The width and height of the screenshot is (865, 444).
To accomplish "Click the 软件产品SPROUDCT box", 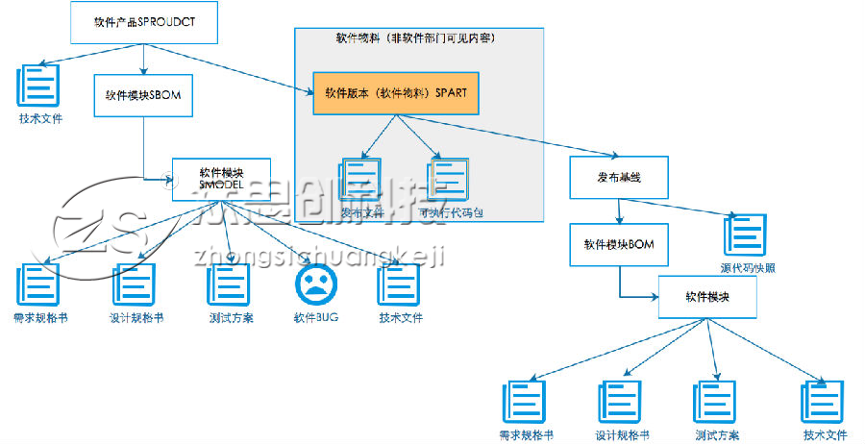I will [x=145, y=20].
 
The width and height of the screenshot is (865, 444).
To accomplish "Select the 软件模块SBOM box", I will [x=143, y=95].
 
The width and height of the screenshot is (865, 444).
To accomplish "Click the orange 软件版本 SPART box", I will [x=389, y=93].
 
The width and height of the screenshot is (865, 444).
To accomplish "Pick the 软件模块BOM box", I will [x=618, y=244].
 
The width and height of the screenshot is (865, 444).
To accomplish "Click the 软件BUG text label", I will [x=316, y=317].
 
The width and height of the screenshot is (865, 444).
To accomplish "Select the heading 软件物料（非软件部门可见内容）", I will [x=414, y=38].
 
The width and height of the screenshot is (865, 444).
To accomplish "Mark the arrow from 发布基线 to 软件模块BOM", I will [x=620, y=210].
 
